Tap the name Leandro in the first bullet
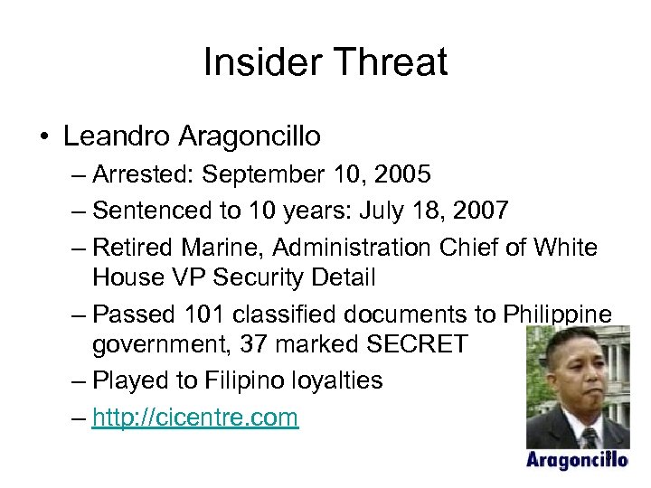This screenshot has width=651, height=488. pyautogui.click(x=117, y=136)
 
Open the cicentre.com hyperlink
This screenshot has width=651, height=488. pyautogui.click(x=195, y=418)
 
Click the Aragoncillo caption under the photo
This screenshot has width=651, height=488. pyautogui.click(x=577, y=460)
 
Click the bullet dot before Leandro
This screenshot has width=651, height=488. pyautogui.click(x=43, y=137)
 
